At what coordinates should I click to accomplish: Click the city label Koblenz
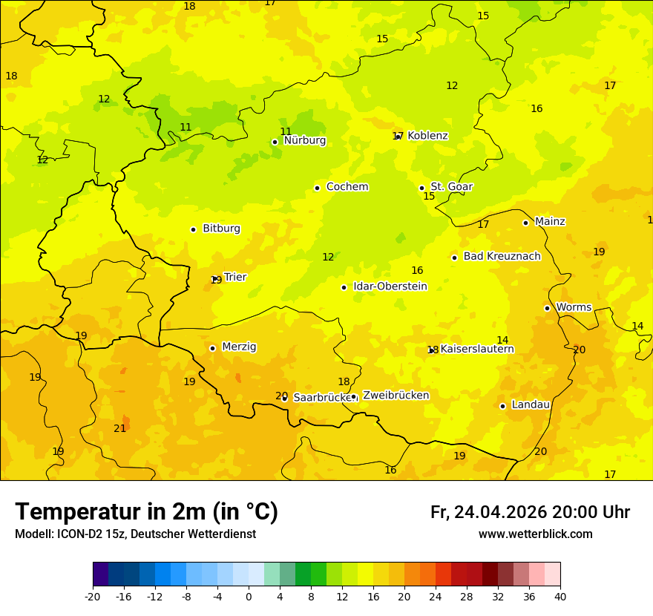coord(427,136)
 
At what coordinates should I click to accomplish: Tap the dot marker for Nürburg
coord(275,142)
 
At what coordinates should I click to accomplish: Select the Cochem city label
coord(347,187)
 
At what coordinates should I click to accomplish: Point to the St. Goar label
coord(451,187)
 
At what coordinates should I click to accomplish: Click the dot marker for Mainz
coord(525,223)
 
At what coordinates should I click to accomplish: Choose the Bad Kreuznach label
coord(502,257)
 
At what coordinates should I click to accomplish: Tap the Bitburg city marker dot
coord(193,229)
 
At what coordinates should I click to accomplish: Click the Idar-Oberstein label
coord(390,286)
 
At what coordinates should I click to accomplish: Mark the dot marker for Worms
coord(547,308)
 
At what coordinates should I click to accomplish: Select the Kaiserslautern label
coord(477,349)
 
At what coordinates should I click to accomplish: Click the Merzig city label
coord(239,347)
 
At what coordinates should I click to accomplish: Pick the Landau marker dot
coord(502,406)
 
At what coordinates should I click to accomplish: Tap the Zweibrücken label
coord(396,396)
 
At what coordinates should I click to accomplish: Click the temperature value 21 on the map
coord(119,429)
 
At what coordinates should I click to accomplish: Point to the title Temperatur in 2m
coord(146,512)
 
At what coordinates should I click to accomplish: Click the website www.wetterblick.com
coord(535,534)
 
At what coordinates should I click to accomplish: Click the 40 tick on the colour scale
coord(560,596)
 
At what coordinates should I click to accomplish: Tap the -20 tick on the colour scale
coord(93,596)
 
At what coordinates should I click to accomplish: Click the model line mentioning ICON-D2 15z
coord(135,534)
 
